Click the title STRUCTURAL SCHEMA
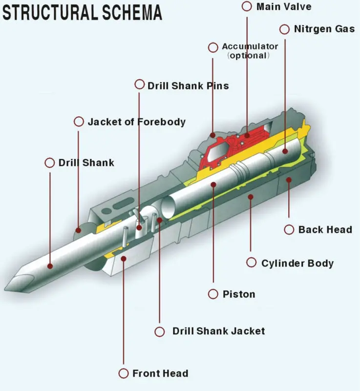point(82,12)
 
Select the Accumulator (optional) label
point(250,51)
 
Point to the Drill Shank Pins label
point(188,86)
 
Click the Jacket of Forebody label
point(136,122)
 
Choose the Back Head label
point(325,229)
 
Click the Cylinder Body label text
point(297,263)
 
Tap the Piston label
point(238,294)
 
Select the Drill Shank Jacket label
point(218,331)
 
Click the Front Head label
point(160,373)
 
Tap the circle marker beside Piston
point(213,294)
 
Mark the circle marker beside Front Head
point(124,373)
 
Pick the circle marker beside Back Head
point(289,229)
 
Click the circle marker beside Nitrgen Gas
point(285,29)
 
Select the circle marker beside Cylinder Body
point(251,263)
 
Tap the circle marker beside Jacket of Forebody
point(78,122)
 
